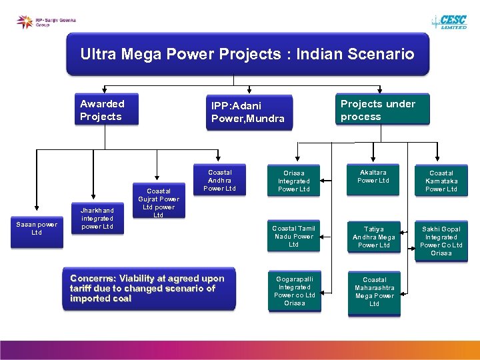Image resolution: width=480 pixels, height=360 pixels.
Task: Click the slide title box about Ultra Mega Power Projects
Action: click(247, 54)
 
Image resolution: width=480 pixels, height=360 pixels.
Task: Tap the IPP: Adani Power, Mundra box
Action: click(248, 112)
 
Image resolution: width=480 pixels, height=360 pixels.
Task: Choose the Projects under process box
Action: click(382, 110)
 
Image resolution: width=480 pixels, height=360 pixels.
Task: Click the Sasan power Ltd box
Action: click(37, 229)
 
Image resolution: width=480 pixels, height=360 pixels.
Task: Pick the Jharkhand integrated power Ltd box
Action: click(97, 218)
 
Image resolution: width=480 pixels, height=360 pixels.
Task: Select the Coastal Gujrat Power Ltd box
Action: click(159, 202)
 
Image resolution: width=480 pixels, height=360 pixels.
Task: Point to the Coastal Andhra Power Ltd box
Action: click(219, 180)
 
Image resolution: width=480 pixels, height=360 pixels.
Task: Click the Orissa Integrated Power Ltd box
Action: click(294, 181)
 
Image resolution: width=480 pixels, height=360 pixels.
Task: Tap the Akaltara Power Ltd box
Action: click(373, 177)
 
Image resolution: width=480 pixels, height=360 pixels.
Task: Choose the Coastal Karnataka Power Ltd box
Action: click(441, 181)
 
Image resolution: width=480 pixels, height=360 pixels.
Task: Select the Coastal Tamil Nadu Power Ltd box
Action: click(294, 236)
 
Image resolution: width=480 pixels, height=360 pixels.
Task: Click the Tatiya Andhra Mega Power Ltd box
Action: click(374, 237)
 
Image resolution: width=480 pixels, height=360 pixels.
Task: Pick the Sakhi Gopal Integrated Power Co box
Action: click(441, 241)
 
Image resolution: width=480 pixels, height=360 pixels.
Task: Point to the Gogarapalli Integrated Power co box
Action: click(294, 291)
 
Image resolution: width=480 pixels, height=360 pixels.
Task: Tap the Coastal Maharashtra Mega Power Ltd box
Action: click(374, 291)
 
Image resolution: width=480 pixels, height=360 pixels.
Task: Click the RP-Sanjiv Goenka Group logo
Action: click(47, 22)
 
